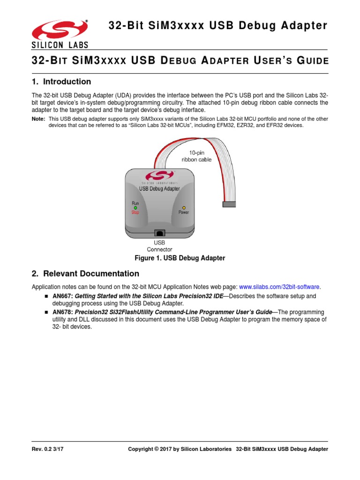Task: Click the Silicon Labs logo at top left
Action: [60, 34]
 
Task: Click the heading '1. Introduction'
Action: [61, 82]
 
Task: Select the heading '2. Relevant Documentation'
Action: [85, 273]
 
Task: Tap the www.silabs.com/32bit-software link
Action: [280, 286]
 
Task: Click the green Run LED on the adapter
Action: [135, 208]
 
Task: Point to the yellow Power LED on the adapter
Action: [184, 208]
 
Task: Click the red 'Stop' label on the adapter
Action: [135, 212]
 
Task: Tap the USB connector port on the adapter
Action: [160, 232]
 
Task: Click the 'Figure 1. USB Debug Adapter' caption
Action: [180, 258]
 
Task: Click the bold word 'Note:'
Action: [38, 119]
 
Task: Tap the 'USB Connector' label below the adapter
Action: [160, 246]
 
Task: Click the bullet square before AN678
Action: [47, 312]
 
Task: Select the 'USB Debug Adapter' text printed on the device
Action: [159, 188]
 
